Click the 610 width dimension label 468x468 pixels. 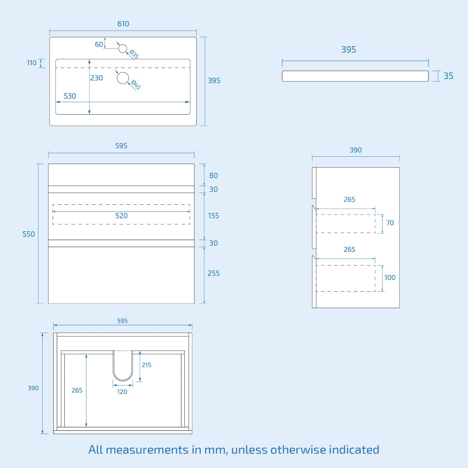coord(123,24)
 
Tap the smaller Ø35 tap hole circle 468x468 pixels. coord(123,48)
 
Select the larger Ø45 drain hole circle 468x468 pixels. coord(123,78)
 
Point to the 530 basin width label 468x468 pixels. coord(70,96)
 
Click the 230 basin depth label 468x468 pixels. coord(96,78)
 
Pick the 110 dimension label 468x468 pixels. coord(32,63)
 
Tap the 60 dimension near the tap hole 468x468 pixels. coord(99,44)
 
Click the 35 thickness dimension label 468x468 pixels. coord(448,76)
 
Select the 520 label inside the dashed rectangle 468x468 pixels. coord(121,216)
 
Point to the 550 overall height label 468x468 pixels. coord(28,234)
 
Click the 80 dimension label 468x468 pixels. coord(213,175)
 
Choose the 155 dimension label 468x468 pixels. coord(213,216)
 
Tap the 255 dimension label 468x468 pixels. coord(213,273)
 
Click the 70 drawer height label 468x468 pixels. coord(390,223)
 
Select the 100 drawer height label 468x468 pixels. coord(390,278)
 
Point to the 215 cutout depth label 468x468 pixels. coord(146,365)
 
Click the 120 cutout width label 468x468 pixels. coord(122,392)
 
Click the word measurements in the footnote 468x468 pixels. coord(147,450)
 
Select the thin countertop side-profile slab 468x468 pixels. coord(355,76)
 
